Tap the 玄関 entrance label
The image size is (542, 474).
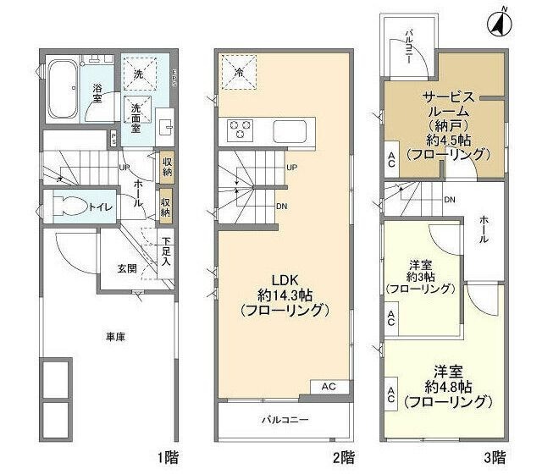128,268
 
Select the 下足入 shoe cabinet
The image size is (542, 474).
166,251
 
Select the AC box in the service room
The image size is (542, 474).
391,159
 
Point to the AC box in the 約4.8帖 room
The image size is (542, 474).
391,394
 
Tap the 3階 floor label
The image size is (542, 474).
495,458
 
